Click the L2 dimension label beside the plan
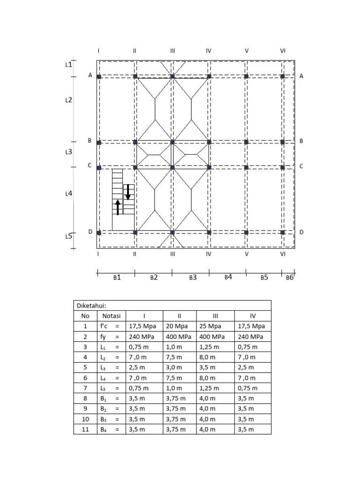tap(68, 100)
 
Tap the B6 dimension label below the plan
tap(289, 277)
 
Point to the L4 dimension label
tap(68, 193)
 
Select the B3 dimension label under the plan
tap(193, 277)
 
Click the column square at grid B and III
tap(172, 142)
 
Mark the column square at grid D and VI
tap(283, 232)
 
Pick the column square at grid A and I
tap(99, 76)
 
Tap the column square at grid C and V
tap(246, 167)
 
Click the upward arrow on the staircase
tap(118, 207)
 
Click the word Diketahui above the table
tap(92, 306)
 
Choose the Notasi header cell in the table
tap(112, 316)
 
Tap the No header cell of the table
tap(85, 316)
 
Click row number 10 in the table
tap(85, 419)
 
